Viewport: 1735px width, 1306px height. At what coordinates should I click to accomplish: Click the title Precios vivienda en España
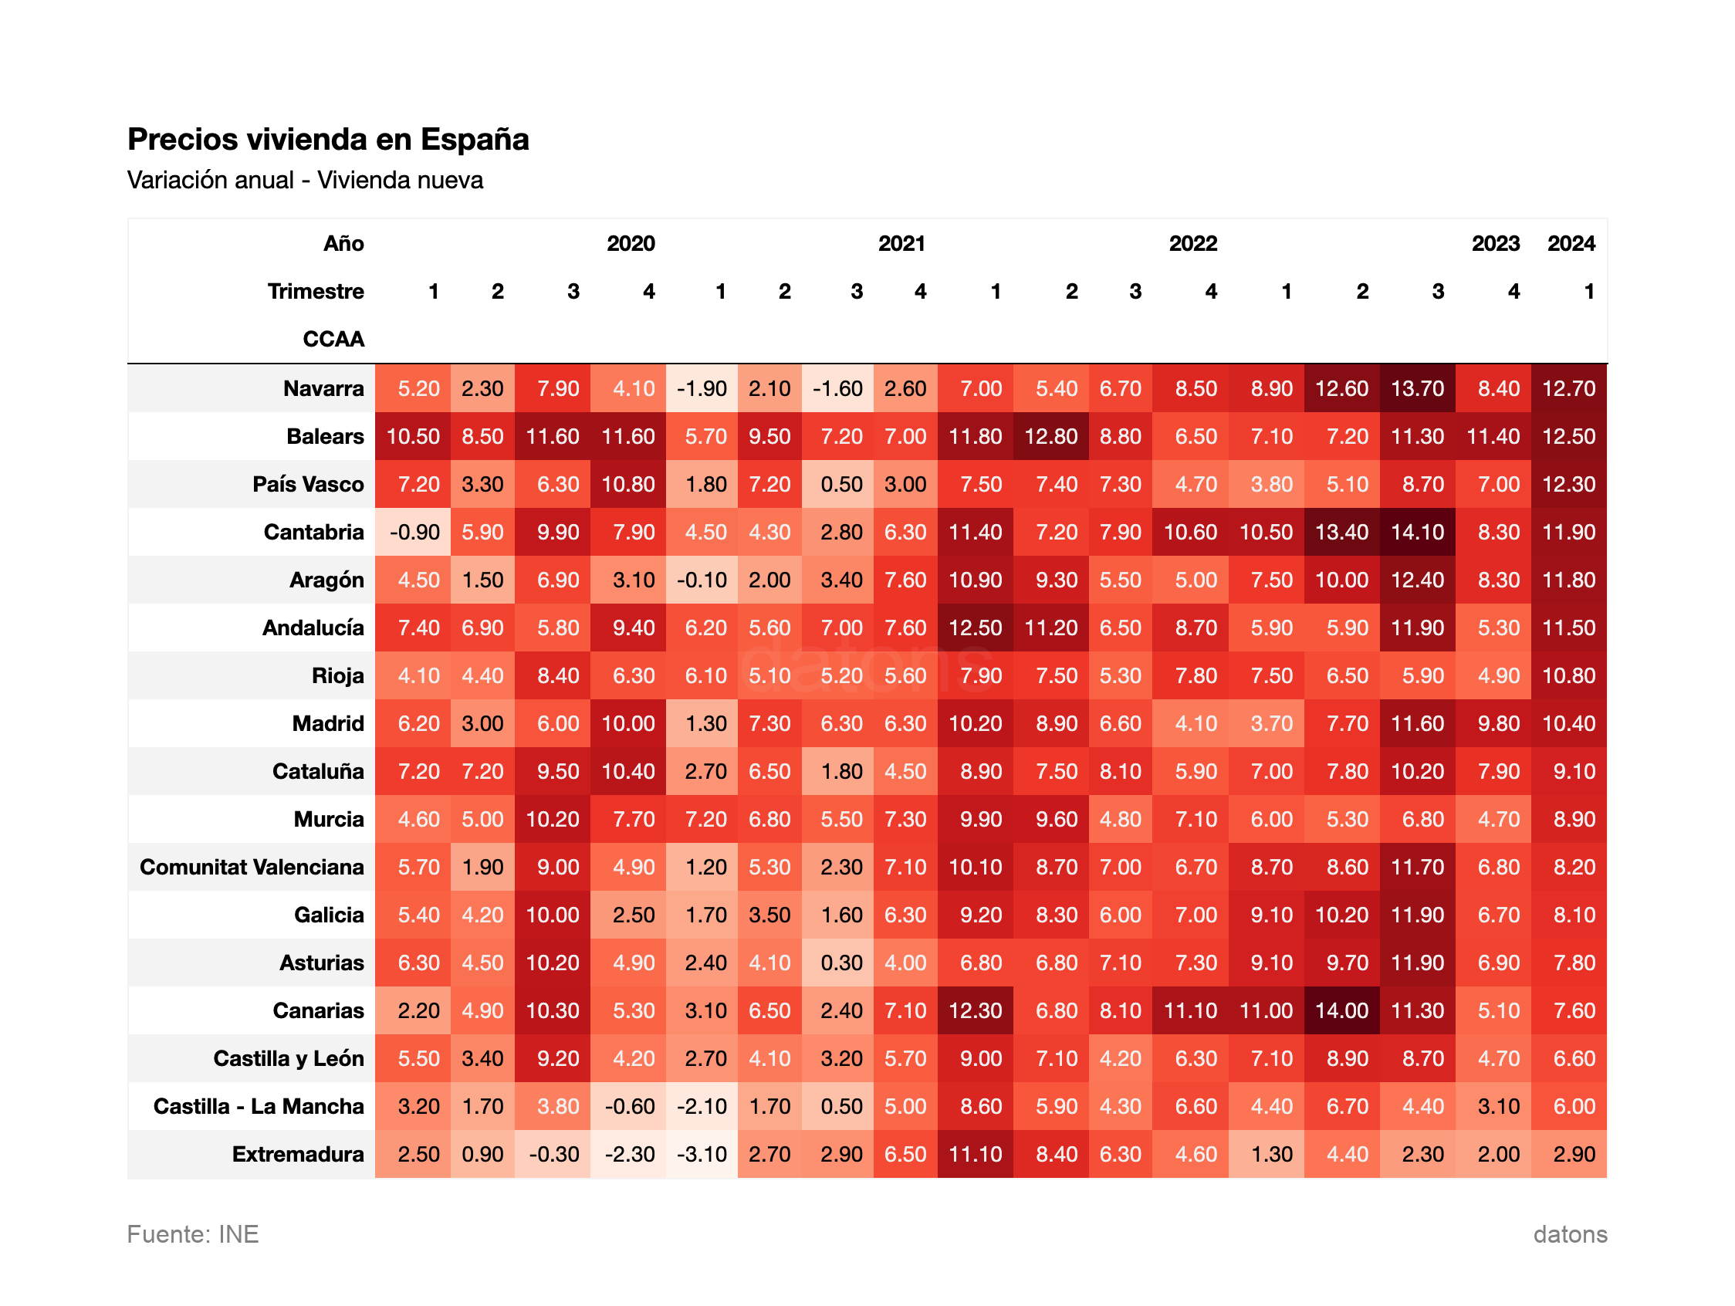pos(328,139)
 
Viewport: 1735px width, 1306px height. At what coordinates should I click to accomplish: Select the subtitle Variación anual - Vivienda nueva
pos(305,181)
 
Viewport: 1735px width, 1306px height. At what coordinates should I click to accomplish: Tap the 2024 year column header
pos(1571,243)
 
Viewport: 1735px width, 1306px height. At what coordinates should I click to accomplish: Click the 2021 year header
pos(901,243)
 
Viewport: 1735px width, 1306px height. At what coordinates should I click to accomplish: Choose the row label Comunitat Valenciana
pos(252,867)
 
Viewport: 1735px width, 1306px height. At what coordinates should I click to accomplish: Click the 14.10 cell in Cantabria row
pos(1416,532)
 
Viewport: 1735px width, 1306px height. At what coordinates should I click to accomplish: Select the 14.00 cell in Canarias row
pos(1341,1010)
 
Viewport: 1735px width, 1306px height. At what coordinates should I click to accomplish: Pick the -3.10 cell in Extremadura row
pos(702,1154)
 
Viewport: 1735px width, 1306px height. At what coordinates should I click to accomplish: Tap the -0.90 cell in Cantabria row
pos(414,532)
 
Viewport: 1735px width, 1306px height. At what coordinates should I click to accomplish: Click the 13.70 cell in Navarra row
pos(1416,388)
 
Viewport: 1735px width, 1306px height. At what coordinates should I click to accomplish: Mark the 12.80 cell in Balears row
pos(1050,436)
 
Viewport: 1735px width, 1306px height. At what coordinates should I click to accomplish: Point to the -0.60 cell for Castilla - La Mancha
pos(629,1106)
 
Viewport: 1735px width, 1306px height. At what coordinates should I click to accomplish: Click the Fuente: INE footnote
pos(193,1234)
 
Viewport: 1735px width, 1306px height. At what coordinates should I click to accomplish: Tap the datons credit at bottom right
pos(1570,1234)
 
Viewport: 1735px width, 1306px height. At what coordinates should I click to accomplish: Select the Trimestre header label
pos(316,291)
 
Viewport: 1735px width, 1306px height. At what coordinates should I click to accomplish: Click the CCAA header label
pos(333,339)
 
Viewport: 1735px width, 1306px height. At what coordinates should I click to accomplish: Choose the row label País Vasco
pos(307,484)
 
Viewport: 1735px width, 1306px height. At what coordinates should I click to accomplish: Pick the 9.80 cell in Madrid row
pos(1498,723)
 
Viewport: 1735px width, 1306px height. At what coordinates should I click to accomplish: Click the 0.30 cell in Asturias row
pos(840,963)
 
